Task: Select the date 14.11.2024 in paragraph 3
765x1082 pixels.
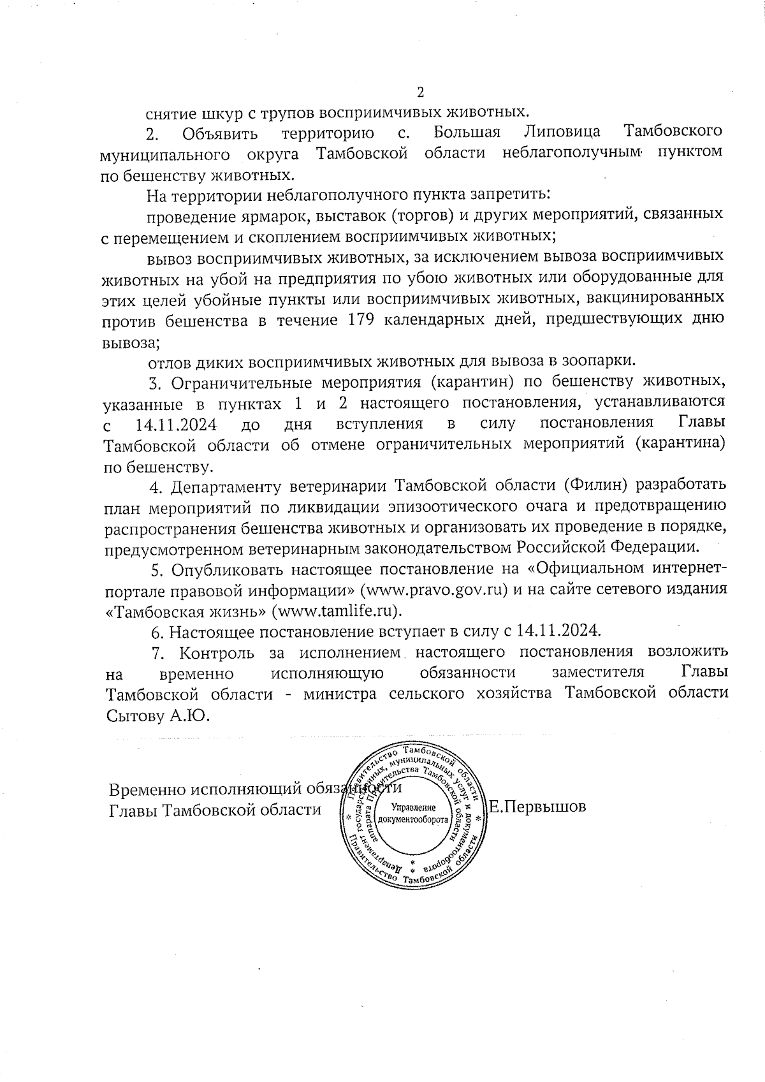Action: [x=176, y=424]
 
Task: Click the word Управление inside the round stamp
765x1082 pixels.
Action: [x=413, y=807]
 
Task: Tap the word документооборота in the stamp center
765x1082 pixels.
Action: [x=413, y=818]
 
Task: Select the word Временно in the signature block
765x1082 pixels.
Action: [x=149, y=789]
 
